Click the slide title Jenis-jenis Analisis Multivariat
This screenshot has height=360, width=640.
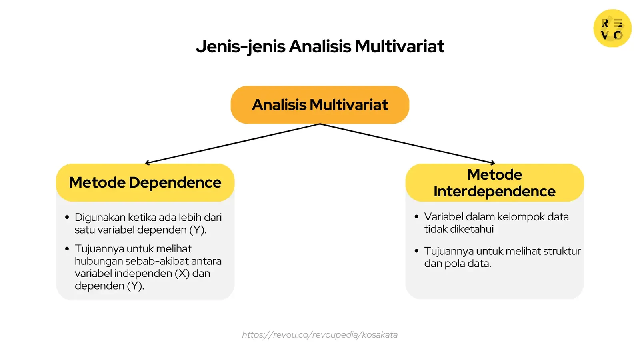[x=320, y=46]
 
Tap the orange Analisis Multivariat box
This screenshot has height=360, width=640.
[x=320, y=105]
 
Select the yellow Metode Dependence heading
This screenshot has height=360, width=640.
[x=145, y=182]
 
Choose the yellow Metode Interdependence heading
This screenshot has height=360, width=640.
[x=494, y=183]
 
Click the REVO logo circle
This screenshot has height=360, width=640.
[x=612, y=28]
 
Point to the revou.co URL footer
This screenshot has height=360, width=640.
[x=320, y=335]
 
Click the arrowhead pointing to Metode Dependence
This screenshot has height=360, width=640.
[x=146, y=163]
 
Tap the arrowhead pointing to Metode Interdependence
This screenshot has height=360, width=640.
[x=494, y=163]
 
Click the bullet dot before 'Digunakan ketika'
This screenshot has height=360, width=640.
[x=67, y=218]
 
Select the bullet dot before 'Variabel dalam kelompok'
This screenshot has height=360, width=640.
[x=416, y=217]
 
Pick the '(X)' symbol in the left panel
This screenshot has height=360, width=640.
[x=182, y=274]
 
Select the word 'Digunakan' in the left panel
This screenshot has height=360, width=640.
[x=100, y=218]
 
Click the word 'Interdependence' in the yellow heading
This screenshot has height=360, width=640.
[x=494, y=192]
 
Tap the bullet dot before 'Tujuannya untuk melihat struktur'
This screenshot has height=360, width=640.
[x=416, y=251]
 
